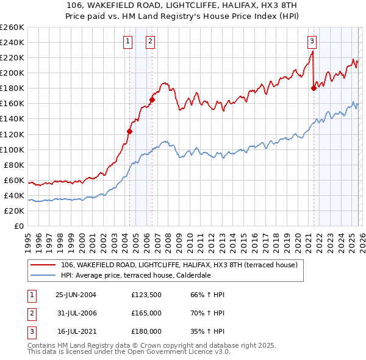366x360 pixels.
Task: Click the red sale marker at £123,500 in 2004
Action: [129, 131]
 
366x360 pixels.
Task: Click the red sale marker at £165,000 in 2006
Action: [152, 99]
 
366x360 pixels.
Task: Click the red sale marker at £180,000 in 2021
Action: [314, 88]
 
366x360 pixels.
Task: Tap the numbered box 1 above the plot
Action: [128, 41]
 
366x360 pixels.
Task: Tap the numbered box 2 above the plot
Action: [150, 41]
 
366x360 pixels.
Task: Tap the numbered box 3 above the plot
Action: [312, 41]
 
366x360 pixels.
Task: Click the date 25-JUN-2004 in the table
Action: [76, 295]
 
